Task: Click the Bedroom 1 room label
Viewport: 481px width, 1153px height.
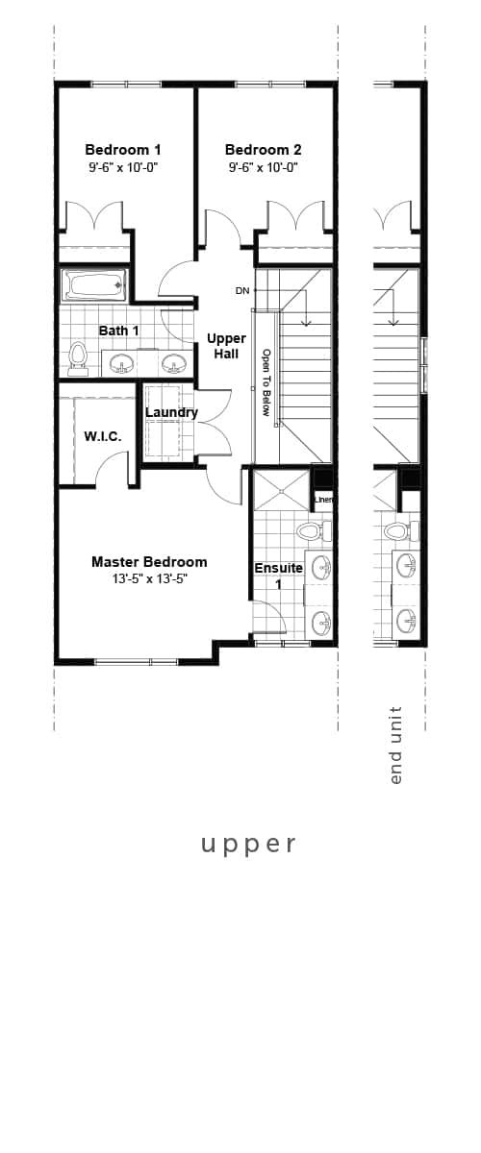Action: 123,150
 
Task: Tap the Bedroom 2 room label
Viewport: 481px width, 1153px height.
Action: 263,150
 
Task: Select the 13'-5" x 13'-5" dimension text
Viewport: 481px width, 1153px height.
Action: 149,579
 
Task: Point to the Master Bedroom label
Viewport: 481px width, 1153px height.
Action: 149,562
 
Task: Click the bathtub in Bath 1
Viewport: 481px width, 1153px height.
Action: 93,284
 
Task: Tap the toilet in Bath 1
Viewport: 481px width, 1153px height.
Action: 78,356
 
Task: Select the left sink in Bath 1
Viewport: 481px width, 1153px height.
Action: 121,362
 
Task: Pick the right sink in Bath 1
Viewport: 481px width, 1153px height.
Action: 173,362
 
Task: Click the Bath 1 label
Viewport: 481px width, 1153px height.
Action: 119,331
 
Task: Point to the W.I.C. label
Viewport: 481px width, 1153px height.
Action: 102,436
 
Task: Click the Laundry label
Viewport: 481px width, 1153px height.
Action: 171,413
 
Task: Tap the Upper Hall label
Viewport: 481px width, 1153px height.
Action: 226,346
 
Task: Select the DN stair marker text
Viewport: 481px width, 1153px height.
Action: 242,290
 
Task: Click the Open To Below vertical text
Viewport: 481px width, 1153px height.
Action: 266,380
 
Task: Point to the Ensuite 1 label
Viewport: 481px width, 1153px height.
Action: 278,576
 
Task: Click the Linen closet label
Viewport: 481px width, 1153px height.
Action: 323,500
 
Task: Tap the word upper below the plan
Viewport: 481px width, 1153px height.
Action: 248,844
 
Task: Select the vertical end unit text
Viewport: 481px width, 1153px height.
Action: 395,745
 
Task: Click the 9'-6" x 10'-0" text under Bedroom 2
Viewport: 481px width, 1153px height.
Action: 263,167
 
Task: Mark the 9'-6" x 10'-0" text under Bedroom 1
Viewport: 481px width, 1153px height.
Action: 123,167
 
